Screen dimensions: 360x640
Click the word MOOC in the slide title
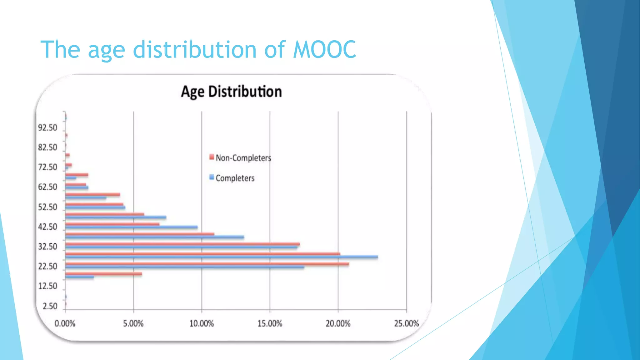point(325,49)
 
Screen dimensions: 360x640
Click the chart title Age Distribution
point(231,92)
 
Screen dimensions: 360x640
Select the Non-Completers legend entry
point(243,158)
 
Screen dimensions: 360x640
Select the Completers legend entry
point(235,178)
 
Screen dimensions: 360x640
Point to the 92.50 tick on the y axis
point(48,128)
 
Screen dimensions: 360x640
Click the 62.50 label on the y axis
point(48,187)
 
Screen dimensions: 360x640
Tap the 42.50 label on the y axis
point(48,227)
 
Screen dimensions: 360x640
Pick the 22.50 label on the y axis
point(48,267)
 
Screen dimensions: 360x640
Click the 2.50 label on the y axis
point(50,306)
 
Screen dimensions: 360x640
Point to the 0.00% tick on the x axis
point(65,323)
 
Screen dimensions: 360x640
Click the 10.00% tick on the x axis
point(202,323)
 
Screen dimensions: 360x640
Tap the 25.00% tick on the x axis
point(406,323)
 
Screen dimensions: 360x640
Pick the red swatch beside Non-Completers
point(212,157)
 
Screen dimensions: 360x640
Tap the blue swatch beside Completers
point(212,177)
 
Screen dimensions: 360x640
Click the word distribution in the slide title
point(195,49)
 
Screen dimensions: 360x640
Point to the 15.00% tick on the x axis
point(270,323)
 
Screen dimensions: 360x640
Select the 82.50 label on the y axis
point(48,147)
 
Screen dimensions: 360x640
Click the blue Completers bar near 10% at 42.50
point(131,227)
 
